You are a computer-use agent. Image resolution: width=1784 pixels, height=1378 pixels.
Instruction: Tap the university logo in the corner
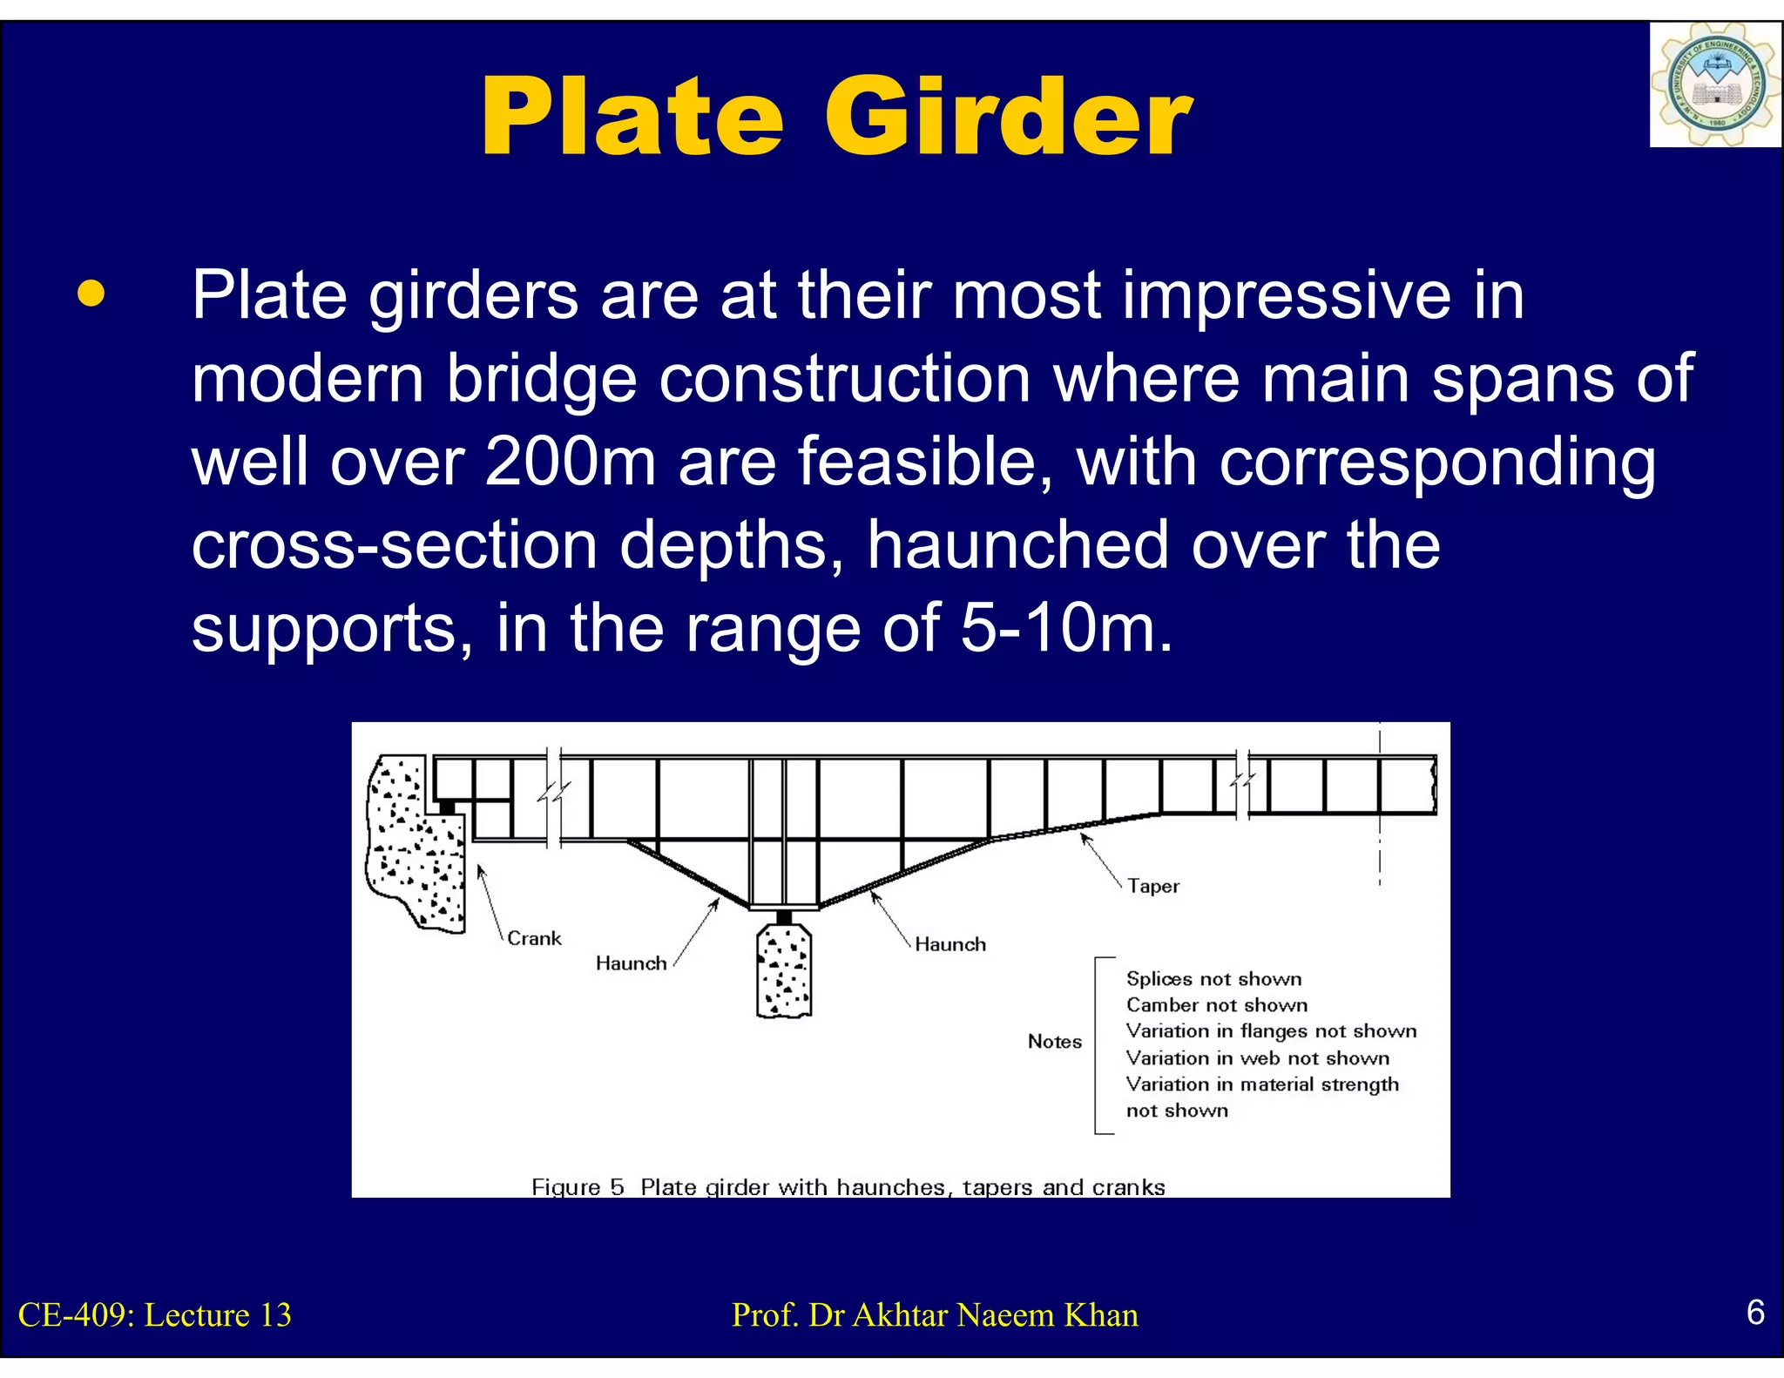point(1714,85)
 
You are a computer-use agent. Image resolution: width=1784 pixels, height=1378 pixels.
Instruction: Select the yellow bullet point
point(91,294)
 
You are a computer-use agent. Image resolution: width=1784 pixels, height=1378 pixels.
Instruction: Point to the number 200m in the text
point(571,462)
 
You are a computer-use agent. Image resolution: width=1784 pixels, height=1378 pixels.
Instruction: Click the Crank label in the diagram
point(534,938)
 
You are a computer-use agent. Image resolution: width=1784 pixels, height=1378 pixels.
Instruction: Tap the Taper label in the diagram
point(1152,886)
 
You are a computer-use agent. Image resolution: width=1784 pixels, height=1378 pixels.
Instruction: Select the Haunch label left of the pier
point(631,963)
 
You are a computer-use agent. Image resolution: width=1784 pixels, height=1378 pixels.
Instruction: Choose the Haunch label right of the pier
point(949,944)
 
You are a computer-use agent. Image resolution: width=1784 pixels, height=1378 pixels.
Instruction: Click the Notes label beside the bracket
point(1054,1042)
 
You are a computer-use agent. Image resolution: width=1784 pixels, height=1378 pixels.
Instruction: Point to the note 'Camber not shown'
point(1216,1005)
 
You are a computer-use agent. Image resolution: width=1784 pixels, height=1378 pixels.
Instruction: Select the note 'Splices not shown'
point(1213,979)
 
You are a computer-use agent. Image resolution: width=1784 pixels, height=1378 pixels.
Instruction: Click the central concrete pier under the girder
point(784,971)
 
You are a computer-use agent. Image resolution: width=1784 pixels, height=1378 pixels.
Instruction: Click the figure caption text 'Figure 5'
point(578,1187)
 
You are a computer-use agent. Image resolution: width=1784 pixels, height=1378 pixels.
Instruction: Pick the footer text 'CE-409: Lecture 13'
point(155,1315)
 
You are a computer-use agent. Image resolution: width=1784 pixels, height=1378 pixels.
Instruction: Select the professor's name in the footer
point(935,1315)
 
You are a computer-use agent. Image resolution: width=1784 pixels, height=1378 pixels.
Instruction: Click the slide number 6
point(1755,1312)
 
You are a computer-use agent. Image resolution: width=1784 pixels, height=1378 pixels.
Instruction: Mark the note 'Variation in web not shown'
point(1257,1058)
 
